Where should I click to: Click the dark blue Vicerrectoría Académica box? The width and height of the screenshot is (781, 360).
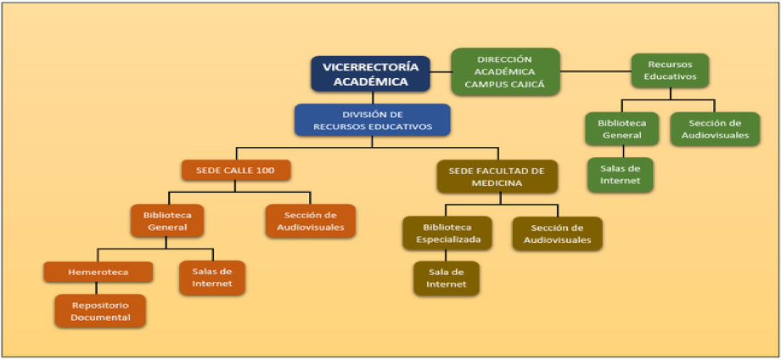[x=371, y=74]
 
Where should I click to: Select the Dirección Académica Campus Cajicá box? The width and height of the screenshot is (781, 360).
[x=504, y=71]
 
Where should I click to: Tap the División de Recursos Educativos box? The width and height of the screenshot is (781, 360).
[x=372, y=120]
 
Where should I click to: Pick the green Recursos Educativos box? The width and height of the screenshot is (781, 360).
[x=670, y=70]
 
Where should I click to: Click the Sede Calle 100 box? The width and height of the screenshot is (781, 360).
[x=236, y=170]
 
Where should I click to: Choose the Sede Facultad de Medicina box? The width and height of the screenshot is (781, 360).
[x=497, y=177]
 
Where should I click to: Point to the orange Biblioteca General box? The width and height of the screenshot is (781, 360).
[x=167, y=221]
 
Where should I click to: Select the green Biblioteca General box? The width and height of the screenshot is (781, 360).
[x=622, y=129]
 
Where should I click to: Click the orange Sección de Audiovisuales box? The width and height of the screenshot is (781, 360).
[x=310, y=221]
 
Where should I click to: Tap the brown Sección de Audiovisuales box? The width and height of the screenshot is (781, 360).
[x=556, y=233]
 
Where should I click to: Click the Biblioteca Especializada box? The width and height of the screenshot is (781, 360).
[x=447, y=233]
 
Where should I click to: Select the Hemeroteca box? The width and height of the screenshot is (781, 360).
[x=98, y=272]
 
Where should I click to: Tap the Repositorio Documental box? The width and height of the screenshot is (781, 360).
[x=99, y=311]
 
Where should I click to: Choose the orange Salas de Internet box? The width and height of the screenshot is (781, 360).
[x=212, y=278]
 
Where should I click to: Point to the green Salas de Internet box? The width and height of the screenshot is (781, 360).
[x=621, y=175]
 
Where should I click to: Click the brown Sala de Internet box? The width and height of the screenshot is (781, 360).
[x=446, y=278]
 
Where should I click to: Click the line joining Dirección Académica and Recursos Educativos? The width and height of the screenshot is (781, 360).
[x=595, y=71]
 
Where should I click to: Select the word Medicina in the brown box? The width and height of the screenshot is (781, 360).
[x=498, y=183]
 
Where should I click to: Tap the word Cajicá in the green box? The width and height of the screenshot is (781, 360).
[x=525, y=83]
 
